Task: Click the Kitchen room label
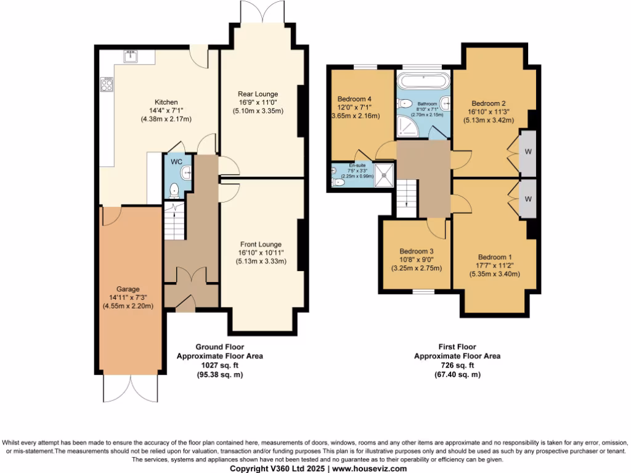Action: (166, 102)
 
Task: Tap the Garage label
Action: (129, 288)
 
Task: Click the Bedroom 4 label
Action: (354, 99)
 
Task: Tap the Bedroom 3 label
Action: (417, 251)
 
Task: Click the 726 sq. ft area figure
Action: (457, 365)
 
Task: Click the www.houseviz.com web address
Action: (369, 469)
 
